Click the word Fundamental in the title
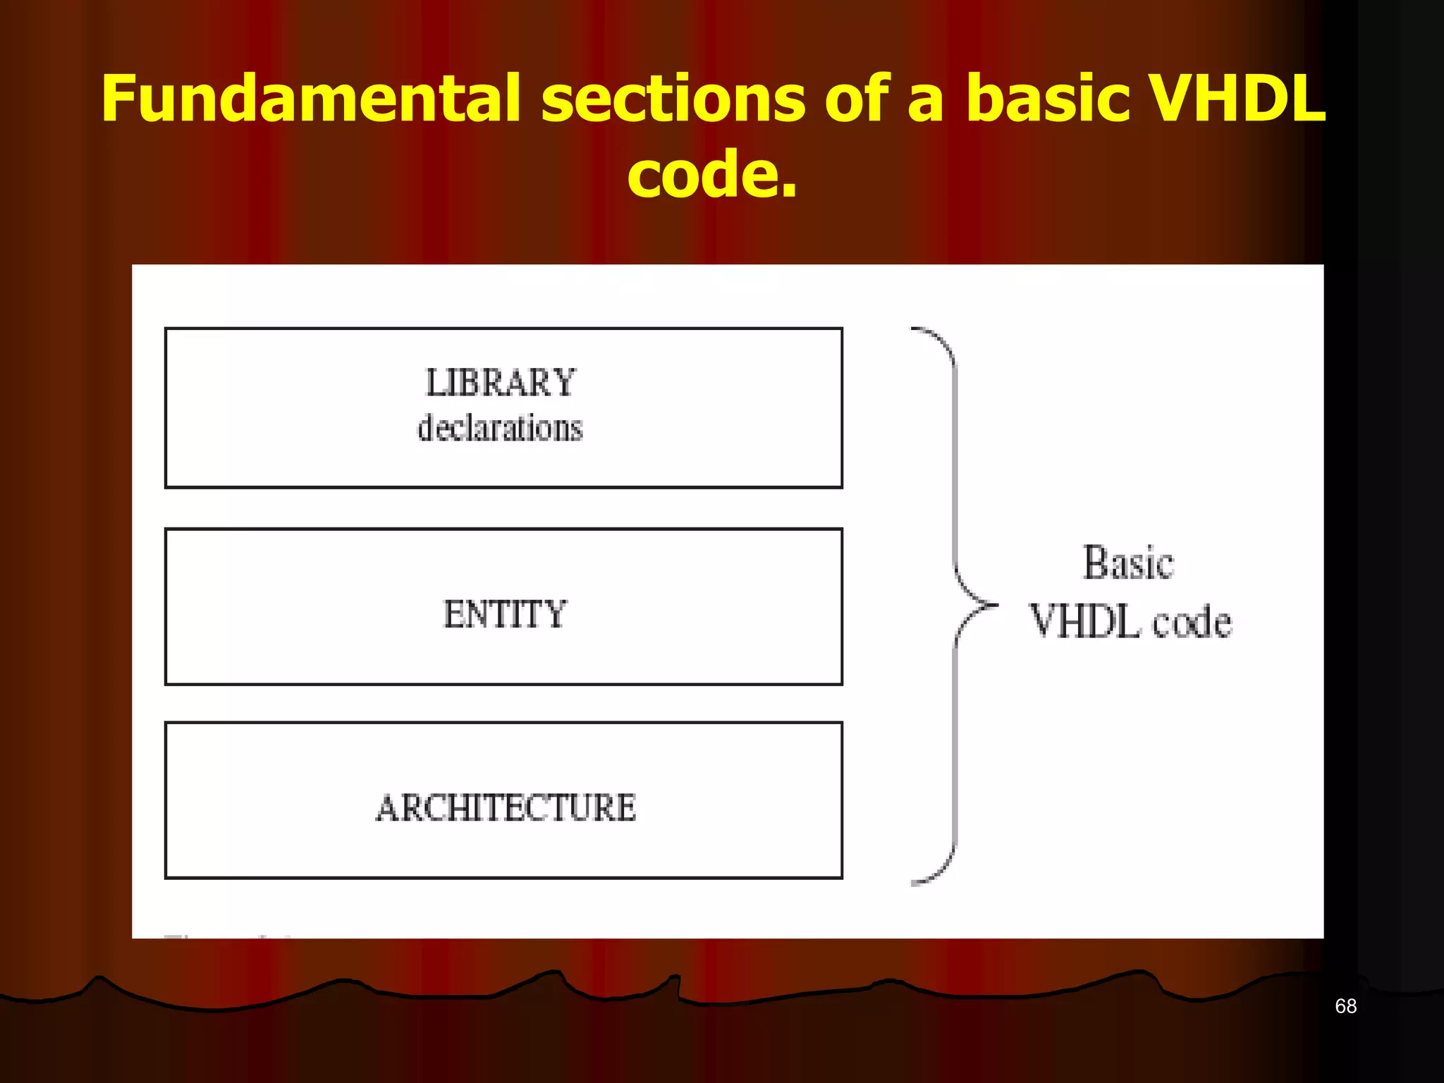pos(310,99)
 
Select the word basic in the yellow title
pos(1047,99)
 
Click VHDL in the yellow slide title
pos(1237,99)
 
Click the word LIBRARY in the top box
pos(501,383)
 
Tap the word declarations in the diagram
pos(500,429)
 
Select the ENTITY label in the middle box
pos(504,613)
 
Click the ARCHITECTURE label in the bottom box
pos(505,808)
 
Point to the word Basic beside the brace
pos(1128,563)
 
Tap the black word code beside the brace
pos(1192,622)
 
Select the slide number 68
pos(1345,1006)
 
